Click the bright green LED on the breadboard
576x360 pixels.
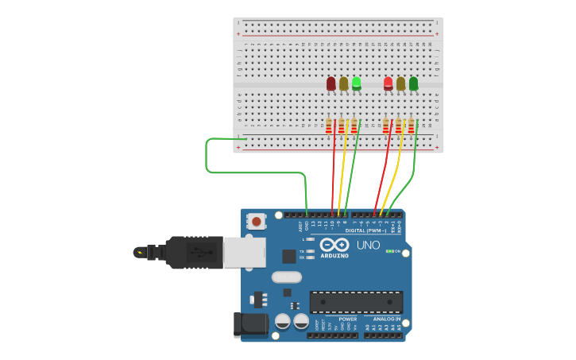[x=356, y=82]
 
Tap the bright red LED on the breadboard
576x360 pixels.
[x=388, y=83]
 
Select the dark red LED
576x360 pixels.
[x=331, y=83]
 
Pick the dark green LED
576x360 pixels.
[x=413, y=83]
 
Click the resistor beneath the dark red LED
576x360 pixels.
[x=329, y=126]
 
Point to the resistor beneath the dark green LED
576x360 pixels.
[x=412, y=126]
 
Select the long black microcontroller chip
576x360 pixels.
[x=356, y=302]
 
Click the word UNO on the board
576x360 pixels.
[x=368, y=246]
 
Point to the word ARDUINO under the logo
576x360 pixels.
[x=334, y=255]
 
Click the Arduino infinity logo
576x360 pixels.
[x=334, y=245]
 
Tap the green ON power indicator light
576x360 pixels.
[x=389, y=251]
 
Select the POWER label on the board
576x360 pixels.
[x=347, y=319]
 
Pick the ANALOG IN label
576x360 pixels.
[x=387, y=319]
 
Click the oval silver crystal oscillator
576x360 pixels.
[x=287, y=277]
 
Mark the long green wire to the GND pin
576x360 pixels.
[x=238, y=171]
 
